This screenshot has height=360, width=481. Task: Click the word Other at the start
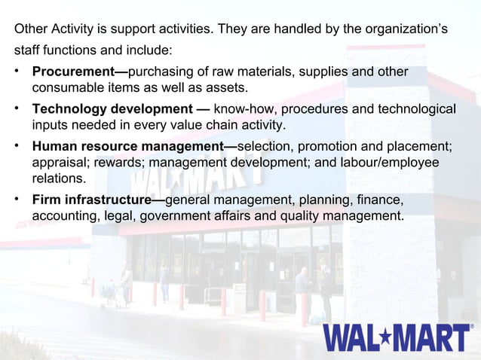(30, 30)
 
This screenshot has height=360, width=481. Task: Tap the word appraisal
(60, 162)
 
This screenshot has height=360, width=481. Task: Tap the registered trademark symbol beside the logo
(472, 327)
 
